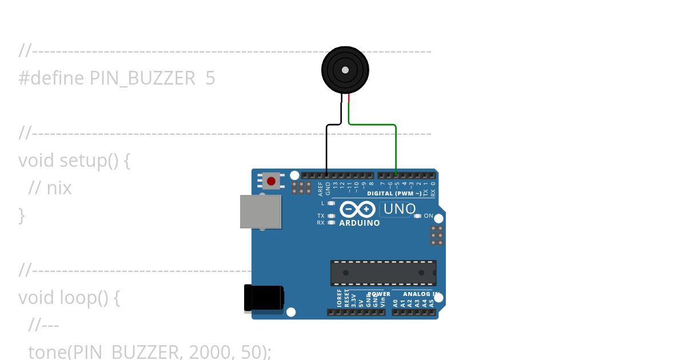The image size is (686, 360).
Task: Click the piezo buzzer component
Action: (345, 70)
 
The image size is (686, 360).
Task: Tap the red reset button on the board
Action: (271, 181)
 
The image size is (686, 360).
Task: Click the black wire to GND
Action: (326, 149)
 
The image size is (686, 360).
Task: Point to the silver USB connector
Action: (261, 211)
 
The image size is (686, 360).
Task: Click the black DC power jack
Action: (263, 298)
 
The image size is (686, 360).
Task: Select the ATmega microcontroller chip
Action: (383, 273)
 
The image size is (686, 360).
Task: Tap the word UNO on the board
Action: (399, 209)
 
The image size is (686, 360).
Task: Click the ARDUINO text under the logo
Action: (360, 223)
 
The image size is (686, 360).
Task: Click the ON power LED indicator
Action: (417, 216)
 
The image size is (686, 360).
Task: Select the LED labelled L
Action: (332, 203)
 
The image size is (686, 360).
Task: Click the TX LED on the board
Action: (332, 216)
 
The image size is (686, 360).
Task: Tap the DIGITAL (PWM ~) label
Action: (394, 194)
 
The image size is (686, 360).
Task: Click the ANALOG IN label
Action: (420, 294)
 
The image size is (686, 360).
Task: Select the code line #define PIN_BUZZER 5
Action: (117, 78)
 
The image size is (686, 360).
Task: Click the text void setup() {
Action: (74, 161)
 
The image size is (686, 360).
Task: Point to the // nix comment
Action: (50, 188)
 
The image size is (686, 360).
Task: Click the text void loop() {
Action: (69, 298)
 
